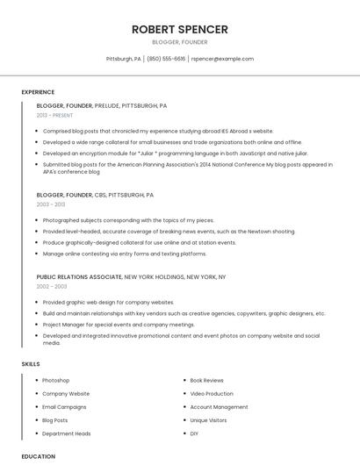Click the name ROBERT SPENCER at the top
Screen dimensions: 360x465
(x=180, y=29)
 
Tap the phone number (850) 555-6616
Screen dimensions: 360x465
(x=166, y=59)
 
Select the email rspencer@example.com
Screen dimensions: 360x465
(x=222, y=59)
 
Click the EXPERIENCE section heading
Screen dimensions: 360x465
(x=38, y=92)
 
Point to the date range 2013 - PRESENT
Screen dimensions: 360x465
(x=55, y=115)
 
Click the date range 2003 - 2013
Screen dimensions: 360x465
(x=51, y=204)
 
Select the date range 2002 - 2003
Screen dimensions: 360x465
(x=52, y=286)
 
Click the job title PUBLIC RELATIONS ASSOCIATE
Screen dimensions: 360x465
(x=79, y=276)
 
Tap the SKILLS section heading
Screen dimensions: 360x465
(x=31, y=363)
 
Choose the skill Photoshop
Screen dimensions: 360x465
(x=55, y=381)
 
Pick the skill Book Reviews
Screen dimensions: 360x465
(x=206, y=381)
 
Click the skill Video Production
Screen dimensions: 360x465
(x=212, y=394)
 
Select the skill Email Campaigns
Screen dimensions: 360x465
(x=64, y=407)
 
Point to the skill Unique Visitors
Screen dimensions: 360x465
(x=208, y=420)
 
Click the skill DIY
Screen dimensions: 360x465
(x=194, y=433)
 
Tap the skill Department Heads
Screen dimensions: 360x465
(x=67, y=433)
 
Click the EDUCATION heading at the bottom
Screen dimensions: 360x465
(x=38, y=456)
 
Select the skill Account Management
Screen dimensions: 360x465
(x=219, y=407)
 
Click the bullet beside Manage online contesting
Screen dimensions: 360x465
(x=37, y=254)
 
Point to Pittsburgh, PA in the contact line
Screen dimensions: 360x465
(x=124, y=59)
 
